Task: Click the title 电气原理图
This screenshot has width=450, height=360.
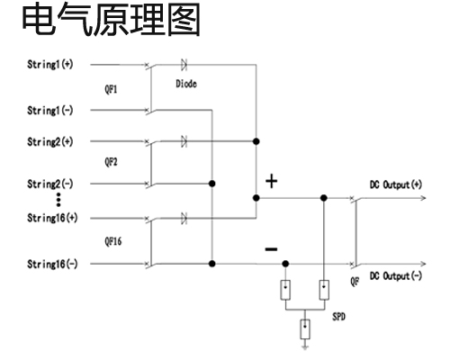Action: [x=112, y=19]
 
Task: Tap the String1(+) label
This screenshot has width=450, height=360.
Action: [x=50, y=64]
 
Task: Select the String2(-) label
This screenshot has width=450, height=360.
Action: [x=50, y=184]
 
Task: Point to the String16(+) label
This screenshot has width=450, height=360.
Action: [x=52, y=218]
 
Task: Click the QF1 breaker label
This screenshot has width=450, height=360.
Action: [x=111, y=89]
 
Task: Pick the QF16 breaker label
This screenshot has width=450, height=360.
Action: [x=113, y=241]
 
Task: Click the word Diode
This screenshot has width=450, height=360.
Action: [x=186, y=84]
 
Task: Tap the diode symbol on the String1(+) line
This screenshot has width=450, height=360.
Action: [x=184, y=65]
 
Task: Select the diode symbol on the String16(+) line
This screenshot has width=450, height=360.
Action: [x=184, y=218]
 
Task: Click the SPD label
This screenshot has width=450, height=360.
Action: [x=338, y=317]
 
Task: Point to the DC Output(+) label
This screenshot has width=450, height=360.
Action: [x=396, y=184]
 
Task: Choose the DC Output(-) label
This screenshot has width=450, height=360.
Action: [x=396, y=275]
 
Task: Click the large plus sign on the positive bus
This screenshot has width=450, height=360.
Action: [x=272, y=181]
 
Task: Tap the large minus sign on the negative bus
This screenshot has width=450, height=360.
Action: [x=271, y=249]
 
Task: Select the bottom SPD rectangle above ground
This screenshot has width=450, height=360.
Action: [x=305, y=329]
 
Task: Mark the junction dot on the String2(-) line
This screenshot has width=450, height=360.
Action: [x=212, y=184]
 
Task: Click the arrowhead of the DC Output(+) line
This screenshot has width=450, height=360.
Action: [x=423, y=198]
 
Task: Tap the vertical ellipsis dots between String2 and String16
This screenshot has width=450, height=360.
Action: [x=58, y=200]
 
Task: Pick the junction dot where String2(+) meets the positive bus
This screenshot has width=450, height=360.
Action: [x=256, y=141]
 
